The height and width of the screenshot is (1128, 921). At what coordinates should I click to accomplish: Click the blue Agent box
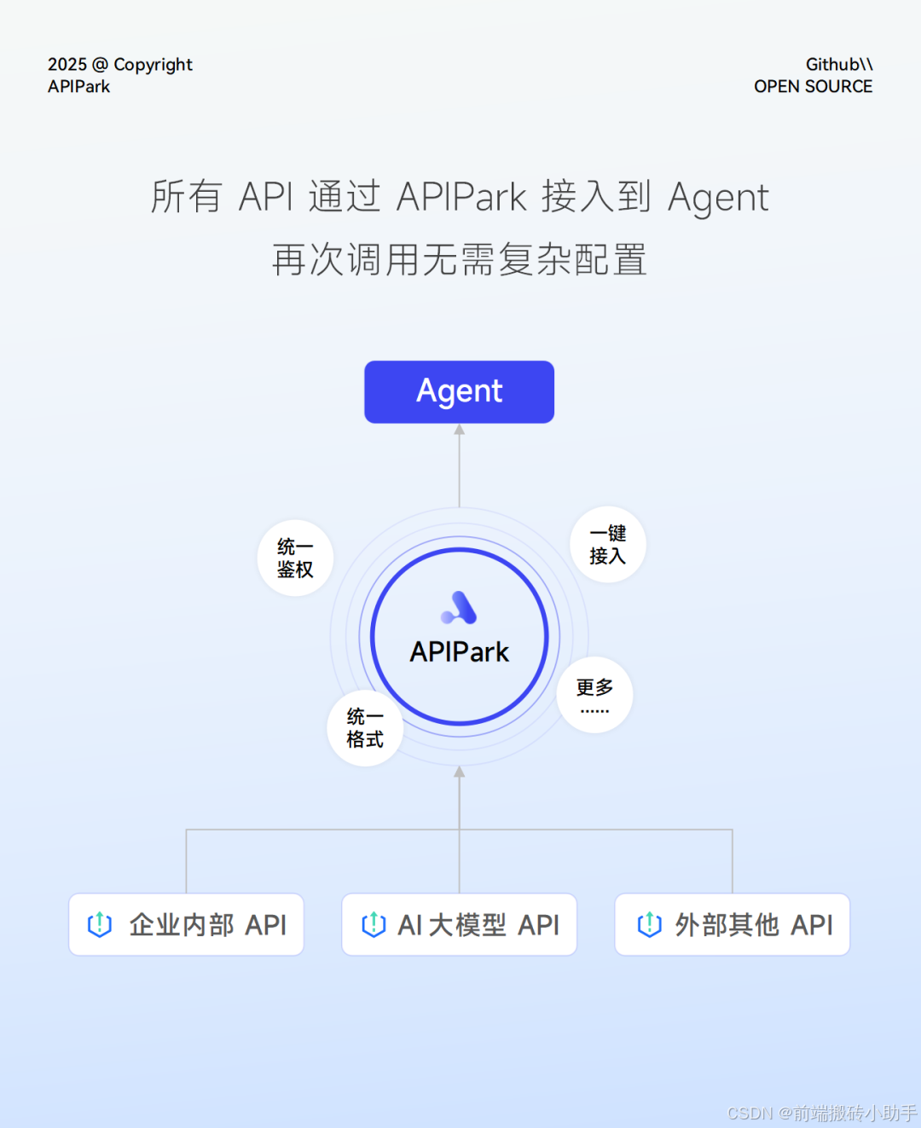point(459,391)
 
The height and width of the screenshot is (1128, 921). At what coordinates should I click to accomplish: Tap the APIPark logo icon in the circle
point(459,608)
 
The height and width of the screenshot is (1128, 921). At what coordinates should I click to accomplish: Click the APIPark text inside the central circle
point(459,652)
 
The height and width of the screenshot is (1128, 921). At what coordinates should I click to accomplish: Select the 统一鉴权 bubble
point(295,558)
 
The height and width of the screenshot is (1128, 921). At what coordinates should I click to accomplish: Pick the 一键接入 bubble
point(607,545)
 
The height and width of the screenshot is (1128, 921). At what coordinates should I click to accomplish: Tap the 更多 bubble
point(594,694)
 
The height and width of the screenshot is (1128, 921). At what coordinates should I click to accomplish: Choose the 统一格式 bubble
point(365,727)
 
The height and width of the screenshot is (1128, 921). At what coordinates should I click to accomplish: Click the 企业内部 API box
point(186,924)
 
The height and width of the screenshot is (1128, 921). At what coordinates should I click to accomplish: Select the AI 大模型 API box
point(459,924)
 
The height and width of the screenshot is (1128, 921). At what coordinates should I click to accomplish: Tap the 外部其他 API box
point(732,924)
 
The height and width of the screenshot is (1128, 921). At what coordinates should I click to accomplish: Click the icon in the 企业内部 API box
point(100,924)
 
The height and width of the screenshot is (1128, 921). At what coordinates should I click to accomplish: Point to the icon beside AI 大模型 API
point(374,924)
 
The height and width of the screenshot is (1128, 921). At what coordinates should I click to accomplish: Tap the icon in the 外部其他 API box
point(650,924)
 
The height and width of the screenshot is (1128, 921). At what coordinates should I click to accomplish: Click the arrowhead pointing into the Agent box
point(459,430)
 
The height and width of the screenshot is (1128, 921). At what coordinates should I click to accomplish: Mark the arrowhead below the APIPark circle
point(459,772)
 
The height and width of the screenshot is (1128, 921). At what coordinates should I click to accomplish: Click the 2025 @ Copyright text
point(120,65)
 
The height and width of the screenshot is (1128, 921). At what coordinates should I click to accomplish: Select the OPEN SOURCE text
point(813,86)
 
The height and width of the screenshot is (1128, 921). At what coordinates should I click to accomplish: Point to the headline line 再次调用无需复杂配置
point(459,259)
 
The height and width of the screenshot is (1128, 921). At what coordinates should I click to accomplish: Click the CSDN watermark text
point(821,1113)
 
